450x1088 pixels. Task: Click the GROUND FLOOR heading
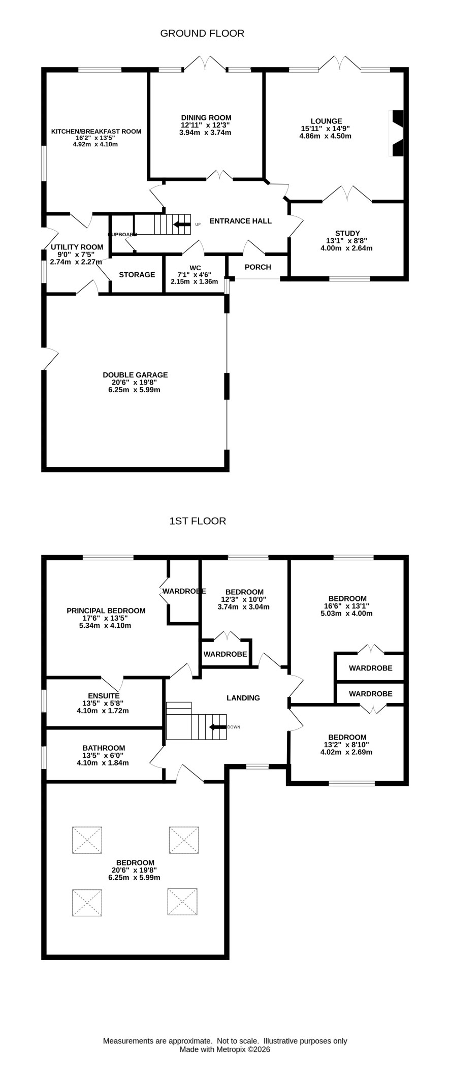coord(202,34)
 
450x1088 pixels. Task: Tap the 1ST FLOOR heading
coord(198,521)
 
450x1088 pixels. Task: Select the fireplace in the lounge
coord(396,133)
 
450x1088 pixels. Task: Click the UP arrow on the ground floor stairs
coord(181,224)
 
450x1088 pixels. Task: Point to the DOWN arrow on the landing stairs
coord(218,727)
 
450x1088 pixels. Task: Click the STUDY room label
coord(347,234)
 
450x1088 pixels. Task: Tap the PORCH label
coord(258,267)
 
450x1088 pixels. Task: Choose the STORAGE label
coord(137,275)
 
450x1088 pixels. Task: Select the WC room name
coord(195,268)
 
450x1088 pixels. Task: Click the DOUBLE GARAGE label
coord(135,375)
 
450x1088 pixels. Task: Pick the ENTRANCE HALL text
coord(241,221)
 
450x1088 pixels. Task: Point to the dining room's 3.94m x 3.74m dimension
coord(206,133)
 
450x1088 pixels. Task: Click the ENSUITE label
coord(104,696)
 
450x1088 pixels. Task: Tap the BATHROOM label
coord(104,748)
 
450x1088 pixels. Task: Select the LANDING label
coord(243,698)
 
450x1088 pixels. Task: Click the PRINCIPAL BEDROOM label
coord(106,611)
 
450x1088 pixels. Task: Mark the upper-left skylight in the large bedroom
coord(87,840)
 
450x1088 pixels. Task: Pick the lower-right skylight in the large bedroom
coord(182,902)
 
